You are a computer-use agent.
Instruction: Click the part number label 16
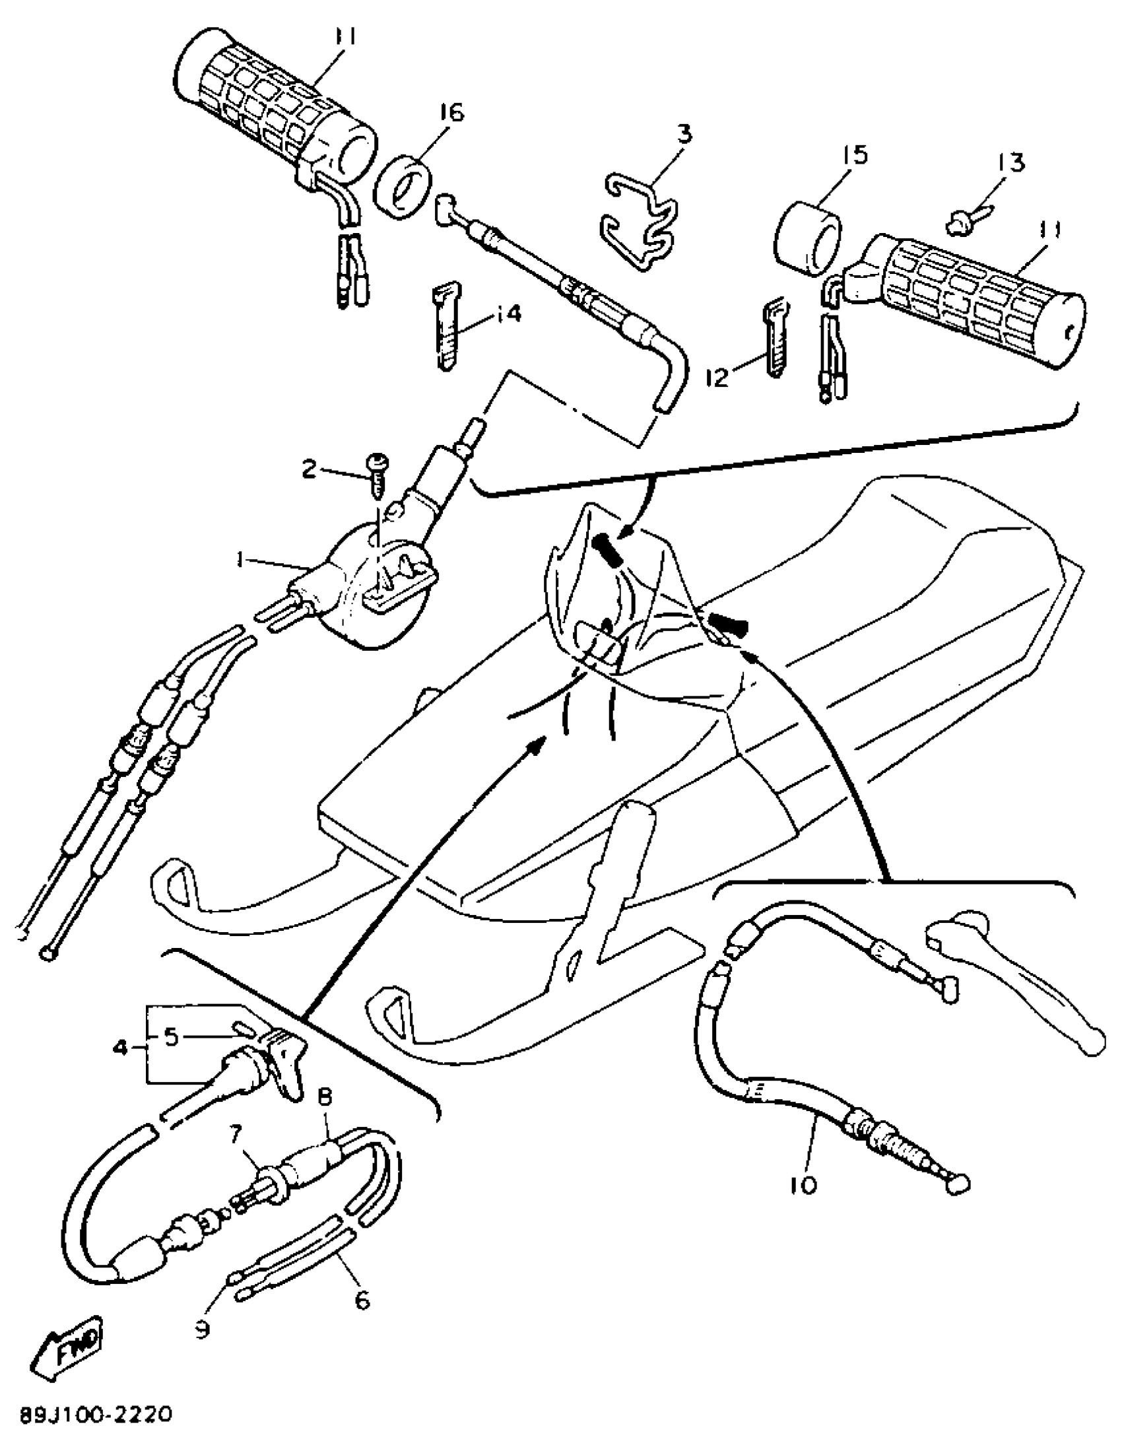(451, 113)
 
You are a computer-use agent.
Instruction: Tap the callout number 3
(684, 135)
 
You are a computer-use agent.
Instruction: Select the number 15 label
(855, 156)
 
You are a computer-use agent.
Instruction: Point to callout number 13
(1009, 163)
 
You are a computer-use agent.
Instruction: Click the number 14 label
(508, 314)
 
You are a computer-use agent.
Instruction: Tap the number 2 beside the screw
(310, 471)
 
